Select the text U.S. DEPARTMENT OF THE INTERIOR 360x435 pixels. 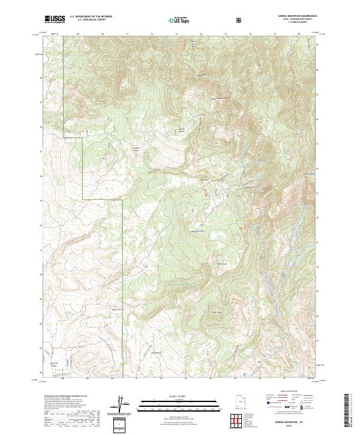[x=91, y=17]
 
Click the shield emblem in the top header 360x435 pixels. [x=240, y=20]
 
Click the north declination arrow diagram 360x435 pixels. [x=119, y=404]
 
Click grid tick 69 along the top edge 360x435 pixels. [x=78, y=34]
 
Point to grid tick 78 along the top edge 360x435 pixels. [x=299, y=34]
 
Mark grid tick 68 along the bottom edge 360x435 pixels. [x=62, y=378]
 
